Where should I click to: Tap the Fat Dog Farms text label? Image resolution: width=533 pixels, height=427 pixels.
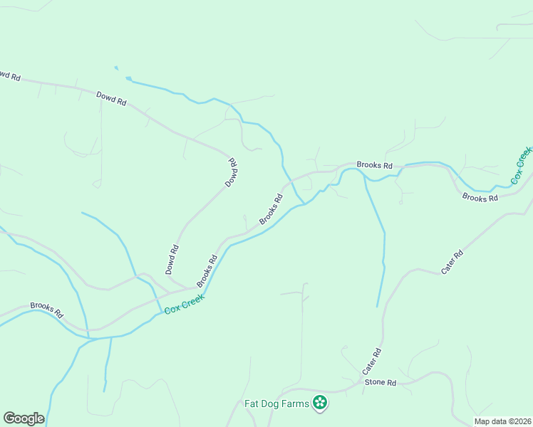point(276,404)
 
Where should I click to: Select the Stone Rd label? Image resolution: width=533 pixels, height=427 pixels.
point(380,382)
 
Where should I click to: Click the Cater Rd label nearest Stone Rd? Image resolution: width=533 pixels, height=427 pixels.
point(372,362)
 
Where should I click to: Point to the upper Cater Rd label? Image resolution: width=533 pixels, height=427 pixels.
point(452,262)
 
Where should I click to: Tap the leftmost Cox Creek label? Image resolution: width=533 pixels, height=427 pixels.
point(184,305)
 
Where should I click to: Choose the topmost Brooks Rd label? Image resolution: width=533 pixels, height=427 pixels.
point(375,165)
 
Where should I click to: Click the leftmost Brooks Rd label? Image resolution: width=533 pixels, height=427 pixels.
point(47,310)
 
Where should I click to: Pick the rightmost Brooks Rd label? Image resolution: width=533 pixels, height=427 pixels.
point(480,198)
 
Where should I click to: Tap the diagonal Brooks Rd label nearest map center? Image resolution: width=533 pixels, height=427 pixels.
point(271,209)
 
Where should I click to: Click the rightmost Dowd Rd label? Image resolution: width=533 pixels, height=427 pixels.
point(232,172)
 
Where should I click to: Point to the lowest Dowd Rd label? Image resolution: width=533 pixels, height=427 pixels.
point(172,260)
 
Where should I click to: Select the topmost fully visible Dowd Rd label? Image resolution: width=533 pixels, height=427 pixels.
point(111,99)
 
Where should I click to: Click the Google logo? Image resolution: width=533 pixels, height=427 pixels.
point(24,418)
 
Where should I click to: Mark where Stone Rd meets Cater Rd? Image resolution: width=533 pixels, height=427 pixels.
point(361,384)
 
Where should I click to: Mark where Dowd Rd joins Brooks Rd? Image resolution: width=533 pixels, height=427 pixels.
point(191,288)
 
